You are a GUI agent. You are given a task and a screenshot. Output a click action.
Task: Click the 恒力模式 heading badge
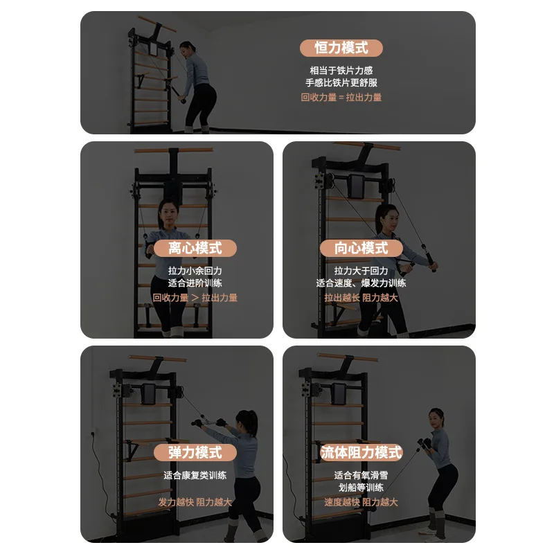tap(341, 48)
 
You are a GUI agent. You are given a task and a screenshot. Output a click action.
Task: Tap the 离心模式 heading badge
tap(195, 248)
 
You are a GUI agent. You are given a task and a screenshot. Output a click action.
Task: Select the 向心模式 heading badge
tap(361, 248)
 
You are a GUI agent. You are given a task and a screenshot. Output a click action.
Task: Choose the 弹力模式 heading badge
tap(195, 453)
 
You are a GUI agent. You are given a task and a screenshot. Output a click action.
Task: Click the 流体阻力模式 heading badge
tap(361, 453)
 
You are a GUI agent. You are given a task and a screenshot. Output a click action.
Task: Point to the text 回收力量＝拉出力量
tap(341, 98)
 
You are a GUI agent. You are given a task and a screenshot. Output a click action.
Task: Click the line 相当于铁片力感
tap(341, 70)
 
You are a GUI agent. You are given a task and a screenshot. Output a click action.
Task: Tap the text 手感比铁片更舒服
tap(341, 83)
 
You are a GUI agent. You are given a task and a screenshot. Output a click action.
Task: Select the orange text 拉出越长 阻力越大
tap(361, 297)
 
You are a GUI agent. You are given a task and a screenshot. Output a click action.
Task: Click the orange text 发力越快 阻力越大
tap(195, 502)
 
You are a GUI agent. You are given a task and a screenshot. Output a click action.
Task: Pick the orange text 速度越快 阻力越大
tap(361, 502)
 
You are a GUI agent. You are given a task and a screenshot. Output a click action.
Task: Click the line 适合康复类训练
tap(195, 475)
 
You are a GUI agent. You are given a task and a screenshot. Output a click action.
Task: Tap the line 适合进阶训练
tap(195, 283)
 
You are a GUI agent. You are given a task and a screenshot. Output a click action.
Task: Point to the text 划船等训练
tap(361, 488)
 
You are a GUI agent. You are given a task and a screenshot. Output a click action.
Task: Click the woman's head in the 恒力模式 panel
tap(186, 50)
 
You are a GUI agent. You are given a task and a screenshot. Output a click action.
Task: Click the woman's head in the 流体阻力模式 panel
tap(436, 418)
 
